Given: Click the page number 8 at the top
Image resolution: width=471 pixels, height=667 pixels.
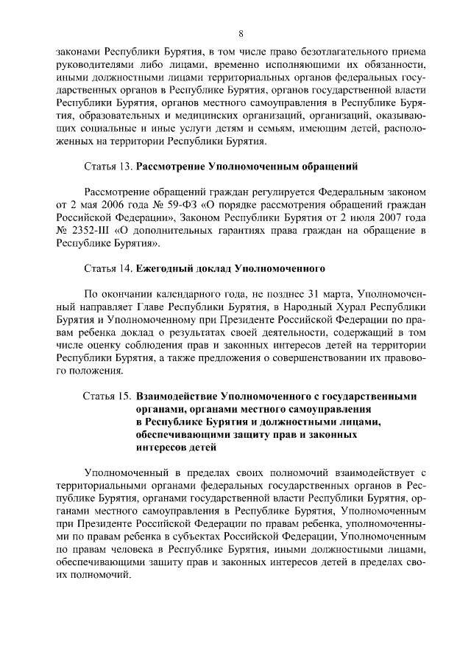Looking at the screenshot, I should click(x=241, y=33).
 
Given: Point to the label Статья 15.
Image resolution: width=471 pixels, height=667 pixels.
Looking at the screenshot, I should click(x=108, y=397).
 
